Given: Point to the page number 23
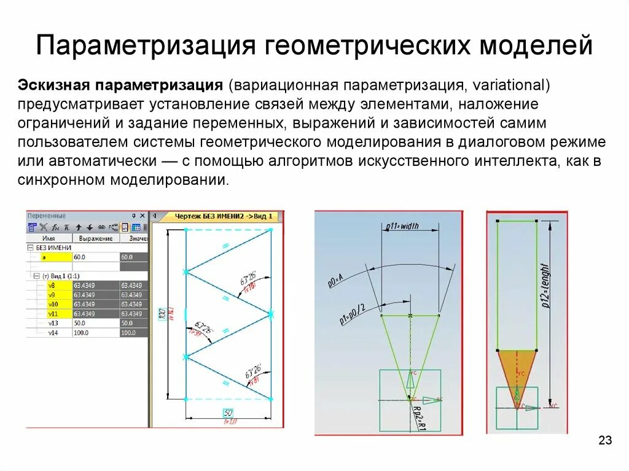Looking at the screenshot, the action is coord(605,440).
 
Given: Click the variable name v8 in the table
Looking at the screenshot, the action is coord(52,285).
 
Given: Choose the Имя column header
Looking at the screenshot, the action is coord(49,238).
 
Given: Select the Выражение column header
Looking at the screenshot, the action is coord(96,238).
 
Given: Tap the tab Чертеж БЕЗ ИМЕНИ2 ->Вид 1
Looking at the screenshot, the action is coord(224,216).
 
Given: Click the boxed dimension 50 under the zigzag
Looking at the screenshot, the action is coord(229,411).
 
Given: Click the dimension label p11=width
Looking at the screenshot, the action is coord(402,226).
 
